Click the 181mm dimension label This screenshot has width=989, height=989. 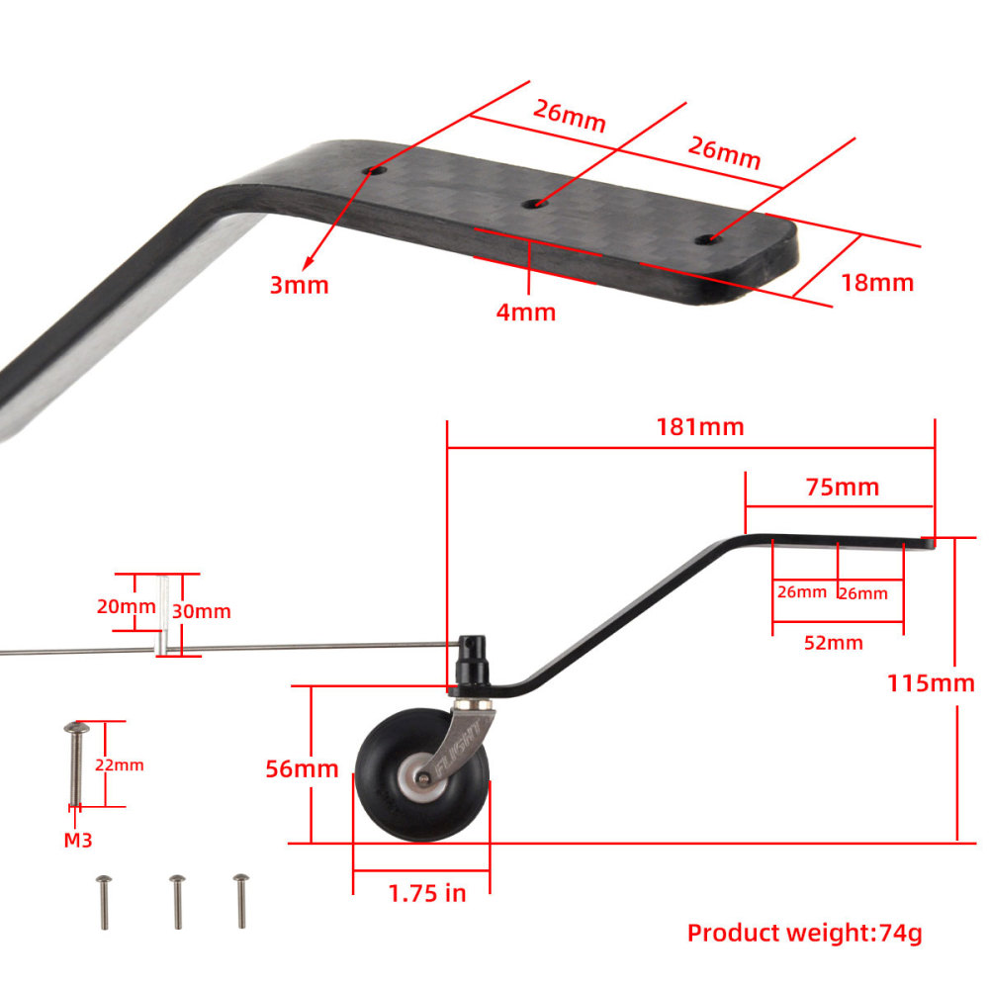click(x=699, y=427)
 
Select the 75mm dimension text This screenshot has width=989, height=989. click(x=841, y=488)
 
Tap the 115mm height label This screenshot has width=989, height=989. click(x=930, y=682)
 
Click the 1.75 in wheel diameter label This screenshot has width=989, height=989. click(x=426, y=893)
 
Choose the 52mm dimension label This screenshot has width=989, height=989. click(x=834, y=643)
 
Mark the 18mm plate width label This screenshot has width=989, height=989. click(x=876, y=282)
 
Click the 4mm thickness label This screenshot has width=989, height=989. click(x=525, y=313)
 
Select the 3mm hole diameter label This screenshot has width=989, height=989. click(x=299, y=285)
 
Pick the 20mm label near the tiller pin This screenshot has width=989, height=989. click(x=127, y=606)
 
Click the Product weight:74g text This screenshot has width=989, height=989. click(x=804, y=932)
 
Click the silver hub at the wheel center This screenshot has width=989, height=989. click(x=418, y=781)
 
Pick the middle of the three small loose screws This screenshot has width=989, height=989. click(x=177, y=900)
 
